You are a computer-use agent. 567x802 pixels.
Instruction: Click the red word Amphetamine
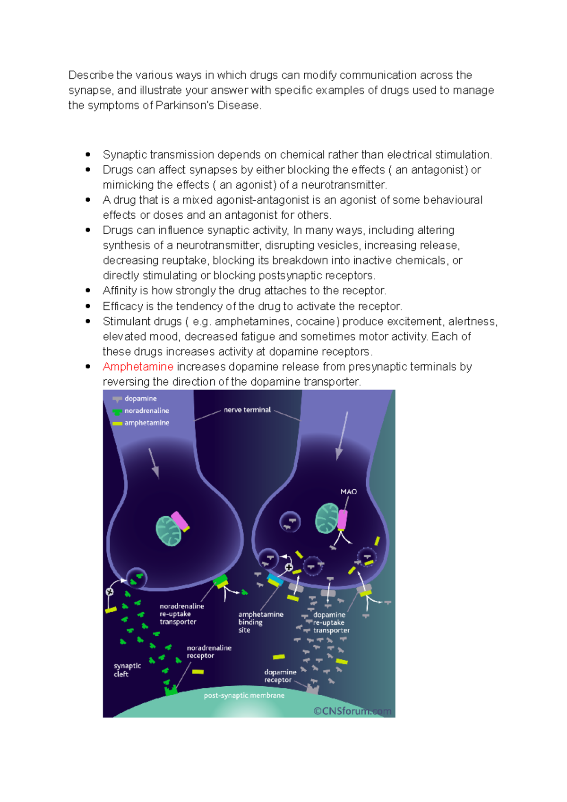point(138,367)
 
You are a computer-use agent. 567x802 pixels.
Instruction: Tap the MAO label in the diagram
point(349,492)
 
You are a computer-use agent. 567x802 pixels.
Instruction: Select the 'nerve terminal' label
point(247,410)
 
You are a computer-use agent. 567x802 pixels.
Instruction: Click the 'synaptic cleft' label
point(127,670)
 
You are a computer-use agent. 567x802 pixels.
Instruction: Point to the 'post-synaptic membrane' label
point(244,695)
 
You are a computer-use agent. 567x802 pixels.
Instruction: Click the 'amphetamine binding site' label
point(260,622)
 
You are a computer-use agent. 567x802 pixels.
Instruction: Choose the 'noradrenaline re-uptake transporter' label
point(182,614)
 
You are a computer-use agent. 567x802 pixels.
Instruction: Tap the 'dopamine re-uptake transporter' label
point(331,623)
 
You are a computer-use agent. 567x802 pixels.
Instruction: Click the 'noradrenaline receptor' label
point(209,652)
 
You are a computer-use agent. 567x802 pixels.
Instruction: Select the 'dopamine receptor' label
point(280,676)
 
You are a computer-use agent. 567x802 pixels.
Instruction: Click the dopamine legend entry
point(140,399)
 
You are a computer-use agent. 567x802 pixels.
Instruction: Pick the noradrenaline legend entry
point(146,411)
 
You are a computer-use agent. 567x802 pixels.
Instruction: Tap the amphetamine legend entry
point(146,423)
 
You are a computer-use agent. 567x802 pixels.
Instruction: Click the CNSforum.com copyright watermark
point(352,711)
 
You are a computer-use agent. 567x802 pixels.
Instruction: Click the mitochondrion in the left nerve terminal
point(168,530)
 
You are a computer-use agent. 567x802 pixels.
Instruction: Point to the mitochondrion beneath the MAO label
point(326,518)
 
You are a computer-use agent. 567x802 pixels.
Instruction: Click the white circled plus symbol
point(289,567)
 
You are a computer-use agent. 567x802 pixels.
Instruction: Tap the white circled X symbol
point(110,592)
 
